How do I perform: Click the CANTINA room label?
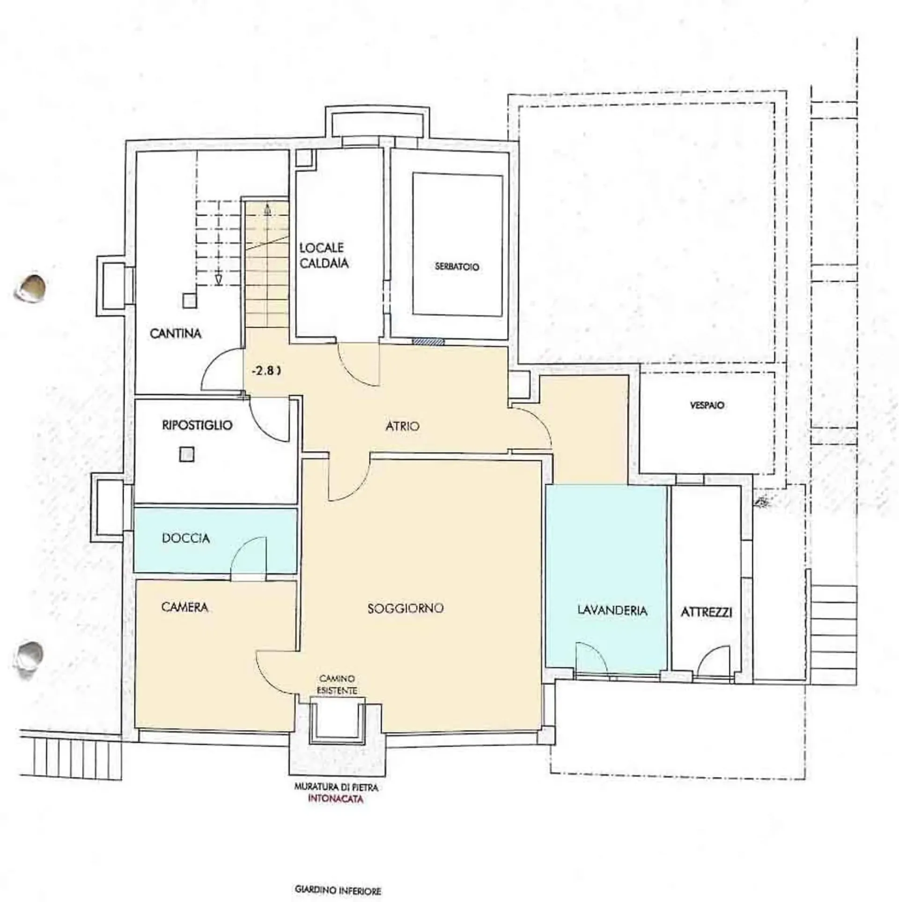point(176,334)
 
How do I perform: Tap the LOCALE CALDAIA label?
point(324,255)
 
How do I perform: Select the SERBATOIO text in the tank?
point(457,267)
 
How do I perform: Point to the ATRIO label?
point(403,426)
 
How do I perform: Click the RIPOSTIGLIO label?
point(197,425)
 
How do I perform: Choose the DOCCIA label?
point(186,538)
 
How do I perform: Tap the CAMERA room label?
point(184,607)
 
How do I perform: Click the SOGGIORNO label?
point(405,608)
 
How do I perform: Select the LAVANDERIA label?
point(612,610)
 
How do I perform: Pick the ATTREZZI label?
point(707,612)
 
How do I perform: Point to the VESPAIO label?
point(707,406)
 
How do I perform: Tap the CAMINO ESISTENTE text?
point(337,684)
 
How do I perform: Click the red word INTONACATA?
point(336,800)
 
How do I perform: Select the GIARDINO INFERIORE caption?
point(338,877)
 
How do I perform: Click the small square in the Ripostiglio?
point(187,454)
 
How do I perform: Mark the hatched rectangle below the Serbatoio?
point(428,342)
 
